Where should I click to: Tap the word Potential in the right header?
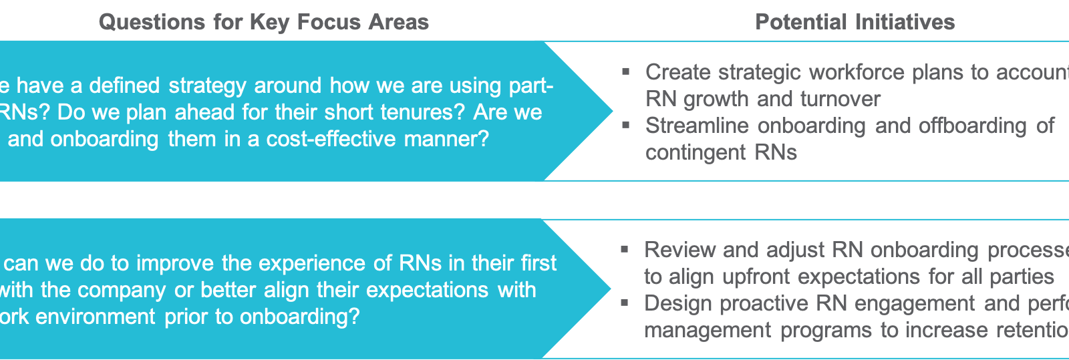pyautogui.click(x=800, y=22)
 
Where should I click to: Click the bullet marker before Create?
pyautogui.click(x=626, y=71)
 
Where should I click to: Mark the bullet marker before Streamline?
pyautogui.click(x=626, y=124)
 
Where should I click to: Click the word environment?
pyautogui.click(x=95, y=316)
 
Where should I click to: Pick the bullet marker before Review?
pyautogui.click(x=625, y=248)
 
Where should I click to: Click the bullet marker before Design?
pyautogui.click(x=625, y=302)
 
